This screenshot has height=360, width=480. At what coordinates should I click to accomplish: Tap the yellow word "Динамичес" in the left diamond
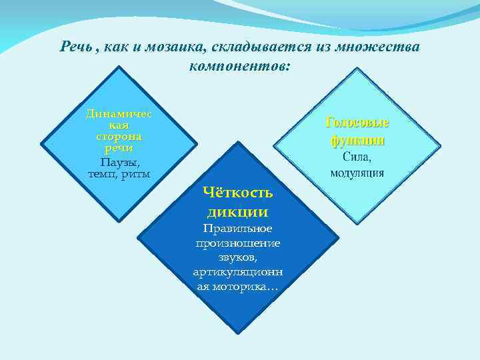pos(119,113)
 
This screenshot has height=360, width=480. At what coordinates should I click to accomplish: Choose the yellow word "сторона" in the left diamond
pos(119,136)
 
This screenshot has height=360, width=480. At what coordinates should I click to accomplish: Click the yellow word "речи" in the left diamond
pos(119,147)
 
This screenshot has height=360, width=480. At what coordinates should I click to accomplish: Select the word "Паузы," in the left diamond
pos(119,162)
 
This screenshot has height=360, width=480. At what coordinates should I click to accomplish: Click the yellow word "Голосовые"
pos(357,123)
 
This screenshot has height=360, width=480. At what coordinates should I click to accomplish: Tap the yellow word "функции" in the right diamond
pos(357,140)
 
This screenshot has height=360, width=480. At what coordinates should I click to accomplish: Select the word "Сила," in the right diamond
pos(357,157)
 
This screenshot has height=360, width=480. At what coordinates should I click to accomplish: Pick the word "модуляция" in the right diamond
pos(357,173)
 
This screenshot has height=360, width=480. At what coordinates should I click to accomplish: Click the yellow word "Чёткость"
pos(238,193)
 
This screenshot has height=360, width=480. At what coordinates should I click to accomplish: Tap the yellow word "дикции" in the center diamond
pos(238,212)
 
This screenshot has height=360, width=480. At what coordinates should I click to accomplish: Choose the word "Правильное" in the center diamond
pos(238,229)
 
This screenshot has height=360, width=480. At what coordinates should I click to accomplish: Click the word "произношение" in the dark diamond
pos(238,243)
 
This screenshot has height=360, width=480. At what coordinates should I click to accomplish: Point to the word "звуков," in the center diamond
pos(238,257)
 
